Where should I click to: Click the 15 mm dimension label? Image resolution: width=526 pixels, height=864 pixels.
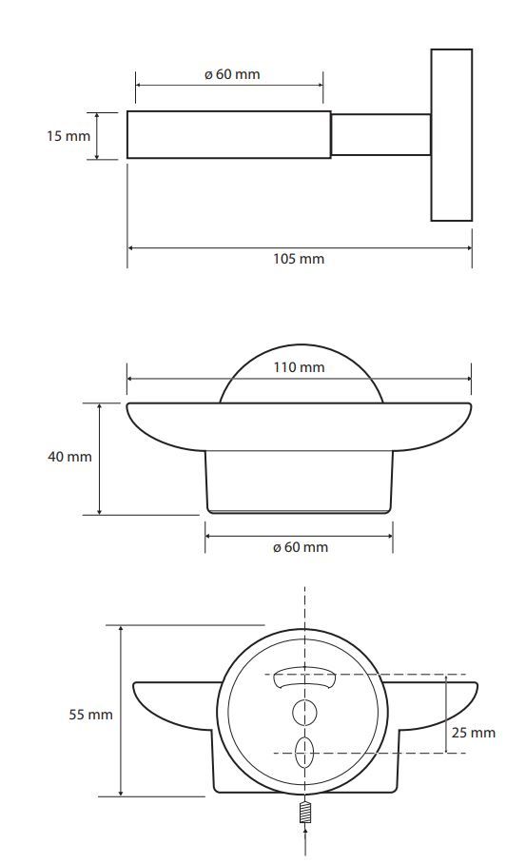[x=68, y=135]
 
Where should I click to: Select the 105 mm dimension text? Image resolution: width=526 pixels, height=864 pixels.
[x=299, y=259]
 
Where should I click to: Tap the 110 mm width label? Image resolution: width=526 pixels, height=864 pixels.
[x=299, y=367]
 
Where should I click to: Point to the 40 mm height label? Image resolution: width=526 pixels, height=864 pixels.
[x=69, y=456]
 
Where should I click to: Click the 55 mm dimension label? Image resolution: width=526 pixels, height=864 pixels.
[x=91, y=714]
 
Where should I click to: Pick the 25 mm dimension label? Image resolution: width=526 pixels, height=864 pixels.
[x=474, y=733]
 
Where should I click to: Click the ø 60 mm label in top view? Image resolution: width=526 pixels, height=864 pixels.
[x=232, y=74]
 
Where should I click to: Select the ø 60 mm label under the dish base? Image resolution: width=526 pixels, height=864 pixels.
[x=301, y=547]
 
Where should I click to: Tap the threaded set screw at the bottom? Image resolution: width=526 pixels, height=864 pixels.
[x=305, y=813]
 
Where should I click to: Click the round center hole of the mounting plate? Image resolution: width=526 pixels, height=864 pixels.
[x=304, y=713]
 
